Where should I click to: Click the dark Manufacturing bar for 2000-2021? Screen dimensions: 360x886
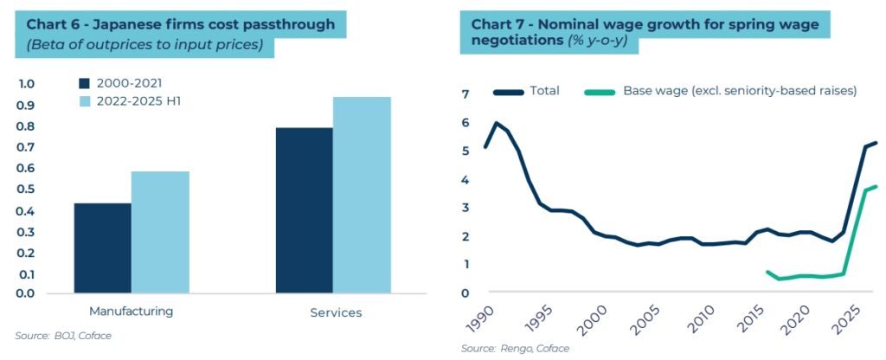tap(102, 248)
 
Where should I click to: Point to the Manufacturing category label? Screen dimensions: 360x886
tap(131, 311)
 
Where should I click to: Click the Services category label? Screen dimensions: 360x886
tap(336, 312)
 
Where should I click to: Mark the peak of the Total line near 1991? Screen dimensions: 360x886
tap(497, 123)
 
